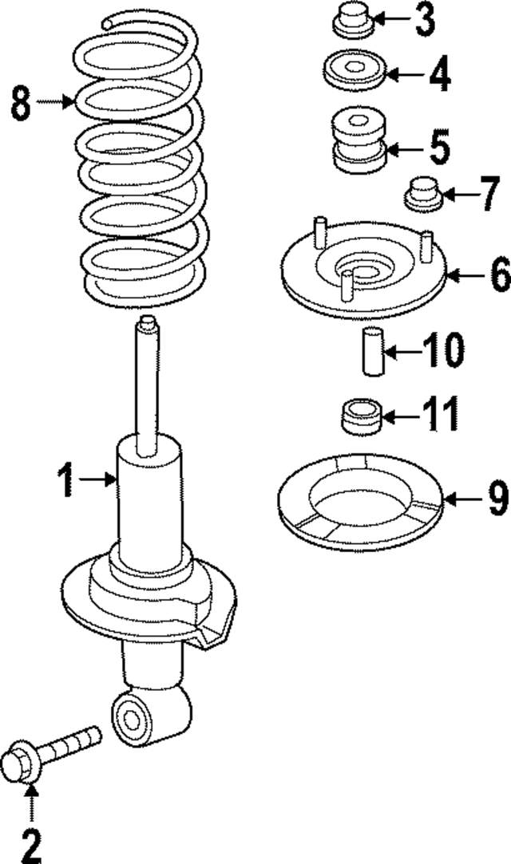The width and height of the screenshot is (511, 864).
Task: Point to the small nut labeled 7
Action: tap(423, 192)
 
